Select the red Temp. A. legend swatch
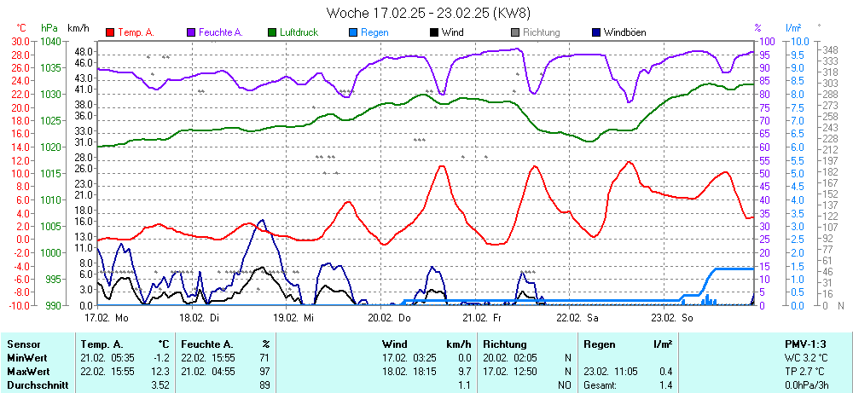tap(111, 32)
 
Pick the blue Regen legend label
tap(374, 32)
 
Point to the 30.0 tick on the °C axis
tap(19, 41)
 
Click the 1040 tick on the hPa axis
tap(50, 41)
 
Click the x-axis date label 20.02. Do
tap(388, 318)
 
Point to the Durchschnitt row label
tap(38, 384)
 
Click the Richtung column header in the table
tap(504, 344)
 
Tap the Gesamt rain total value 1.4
tap(664, 384)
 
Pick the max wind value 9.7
tap(465, 371)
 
